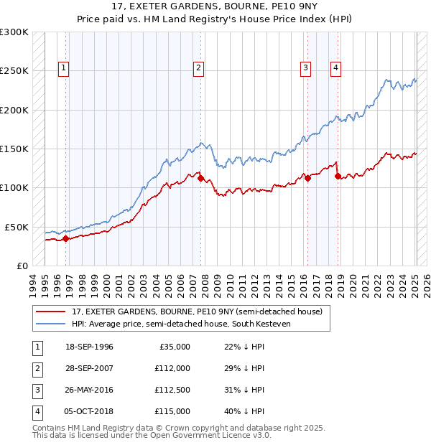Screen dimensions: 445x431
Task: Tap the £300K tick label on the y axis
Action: coord(14,32)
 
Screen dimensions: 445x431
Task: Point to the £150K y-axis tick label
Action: coord(14,149)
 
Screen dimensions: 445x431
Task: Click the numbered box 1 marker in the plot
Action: coord(64,68)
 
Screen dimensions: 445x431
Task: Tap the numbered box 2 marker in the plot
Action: coord(198,68)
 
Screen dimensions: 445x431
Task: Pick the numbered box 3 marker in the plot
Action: coord(305,68)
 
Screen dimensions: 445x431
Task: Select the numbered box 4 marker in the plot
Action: coord(335,68)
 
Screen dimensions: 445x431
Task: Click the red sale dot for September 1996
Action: coord(65,239)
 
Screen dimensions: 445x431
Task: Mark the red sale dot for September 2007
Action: coord(200,179)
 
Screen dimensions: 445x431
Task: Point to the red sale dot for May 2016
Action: coord(307,178)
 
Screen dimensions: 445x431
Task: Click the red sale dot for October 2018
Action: coord(338,177)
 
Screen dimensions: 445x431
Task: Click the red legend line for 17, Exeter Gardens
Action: coord(50,312)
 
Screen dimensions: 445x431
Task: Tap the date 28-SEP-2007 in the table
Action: coord(89,368)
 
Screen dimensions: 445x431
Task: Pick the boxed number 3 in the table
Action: coord(35,390)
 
